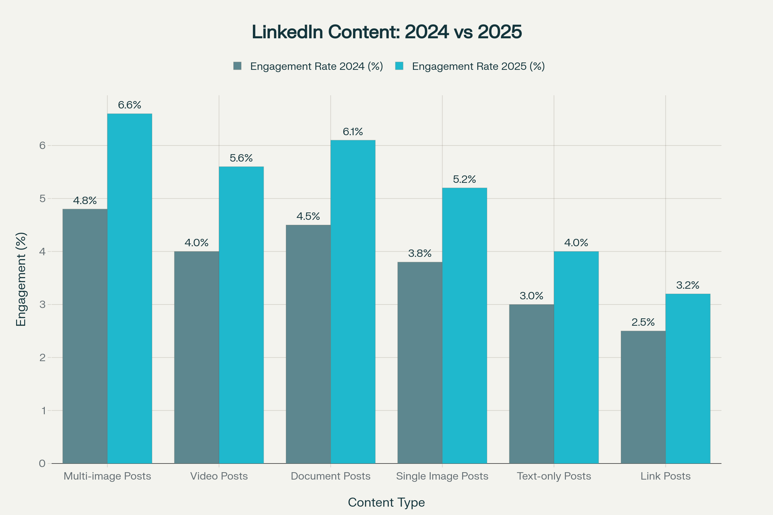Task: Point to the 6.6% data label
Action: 129,105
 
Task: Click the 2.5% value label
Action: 643,322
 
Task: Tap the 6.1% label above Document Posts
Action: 353,132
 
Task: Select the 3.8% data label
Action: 420,253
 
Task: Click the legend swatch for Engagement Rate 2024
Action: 237,66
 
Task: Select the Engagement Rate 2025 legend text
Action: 478,66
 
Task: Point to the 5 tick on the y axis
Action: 43,199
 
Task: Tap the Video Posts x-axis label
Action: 219,476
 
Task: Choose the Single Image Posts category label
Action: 442,476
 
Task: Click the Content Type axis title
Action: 386,502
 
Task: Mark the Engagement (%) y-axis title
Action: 21,279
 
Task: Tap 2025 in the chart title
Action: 500,32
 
